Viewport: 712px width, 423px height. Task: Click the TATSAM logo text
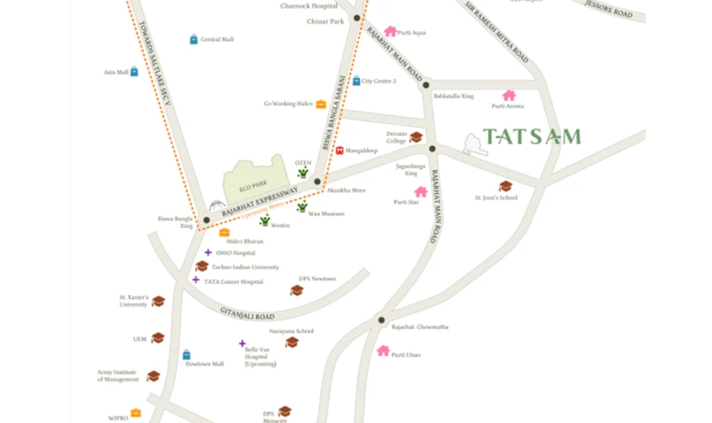[x=531, y=136]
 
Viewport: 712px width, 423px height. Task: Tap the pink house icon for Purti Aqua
[x=390, y=31]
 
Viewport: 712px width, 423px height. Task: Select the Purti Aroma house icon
[x=509, y=96]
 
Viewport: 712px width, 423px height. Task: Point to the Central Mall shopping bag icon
[x=194, y=40]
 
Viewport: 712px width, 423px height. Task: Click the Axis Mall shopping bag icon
[x=134, y=72]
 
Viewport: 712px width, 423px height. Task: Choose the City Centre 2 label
[x=379, y=81]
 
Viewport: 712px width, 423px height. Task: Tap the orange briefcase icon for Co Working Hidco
[x=321, y=104]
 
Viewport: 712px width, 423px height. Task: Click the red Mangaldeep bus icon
[x=339, y=149]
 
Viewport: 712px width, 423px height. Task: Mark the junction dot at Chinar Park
[x=357, y=18]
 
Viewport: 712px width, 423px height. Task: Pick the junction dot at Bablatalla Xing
[x=426, y=85]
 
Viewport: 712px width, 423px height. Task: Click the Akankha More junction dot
[x=317, y=182]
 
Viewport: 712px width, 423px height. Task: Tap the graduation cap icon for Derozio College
[x=416, y=137]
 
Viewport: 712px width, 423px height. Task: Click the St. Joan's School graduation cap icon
[x=505, y=186]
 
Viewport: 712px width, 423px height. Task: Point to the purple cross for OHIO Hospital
[x=208, y=253]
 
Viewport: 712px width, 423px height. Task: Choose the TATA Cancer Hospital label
[x=234, y=282]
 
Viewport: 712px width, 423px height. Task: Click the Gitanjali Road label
[x=248, y=314]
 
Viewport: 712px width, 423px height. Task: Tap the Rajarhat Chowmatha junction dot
[x=381, y=320]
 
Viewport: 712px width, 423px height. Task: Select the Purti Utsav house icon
[x=383, y=351]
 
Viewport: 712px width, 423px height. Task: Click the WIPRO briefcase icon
[x=136, y=413]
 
